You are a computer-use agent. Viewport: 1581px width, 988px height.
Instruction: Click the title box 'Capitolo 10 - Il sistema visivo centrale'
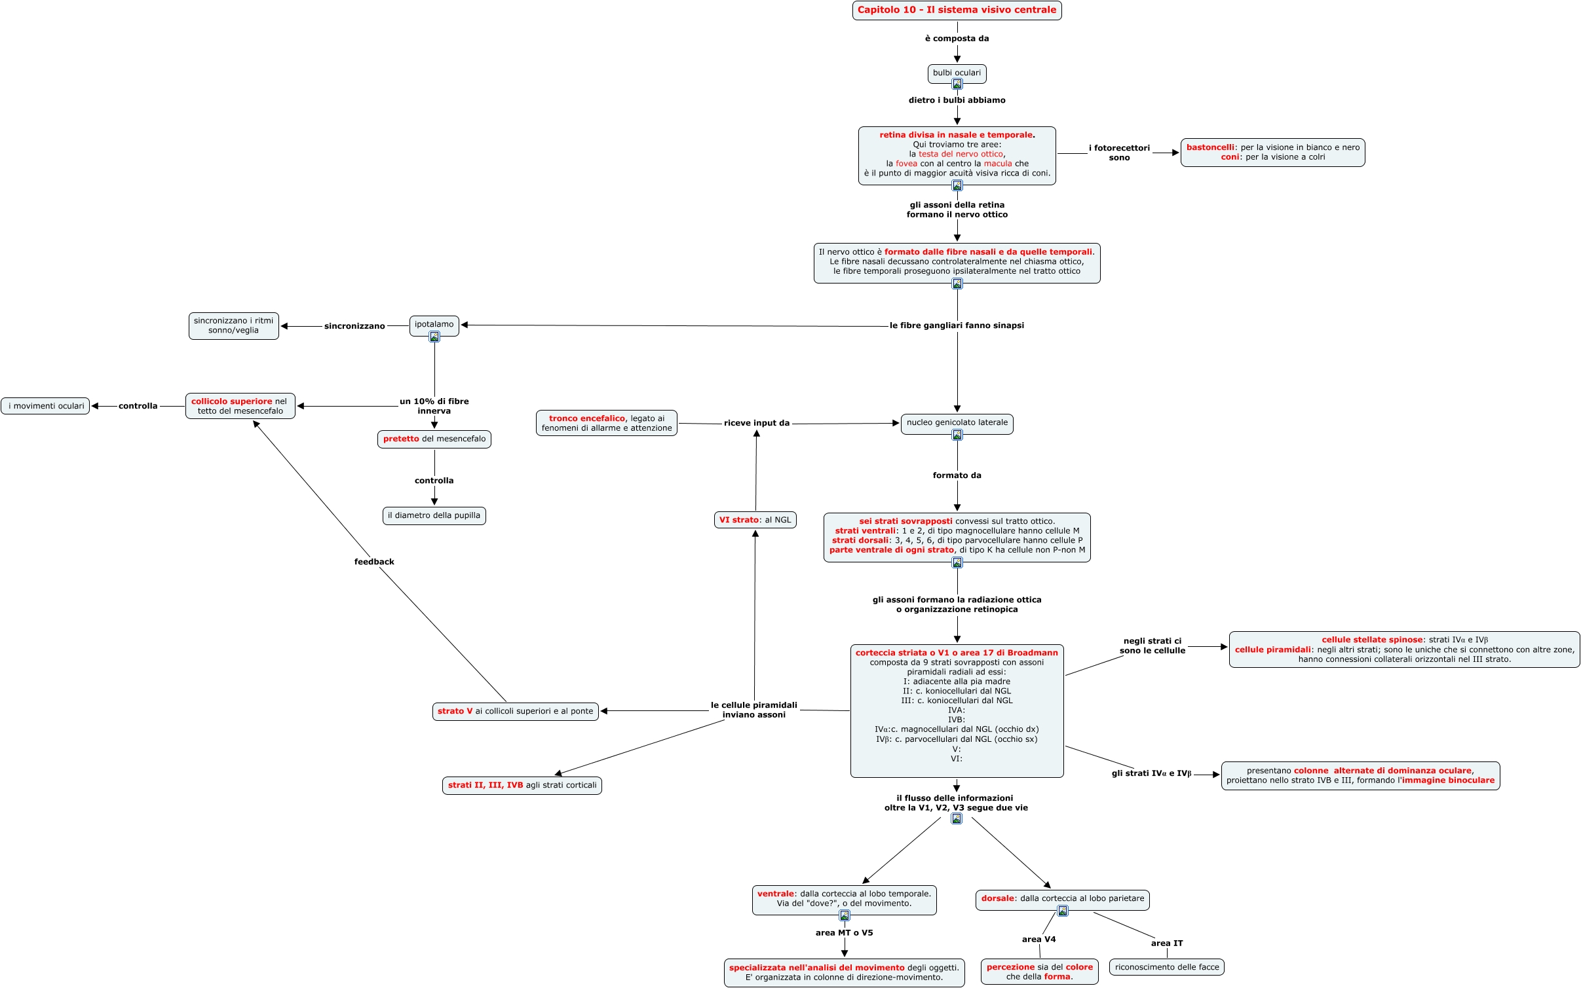coord(957,10)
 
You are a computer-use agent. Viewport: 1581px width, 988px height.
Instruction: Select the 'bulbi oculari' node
coord(957,72)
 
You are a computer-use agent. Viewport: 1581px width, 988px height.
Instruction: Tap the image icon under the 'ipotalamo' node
coord(434,337)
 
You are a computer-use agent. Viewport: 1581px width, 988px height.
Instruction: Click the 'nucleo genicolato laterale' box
coord(957,422)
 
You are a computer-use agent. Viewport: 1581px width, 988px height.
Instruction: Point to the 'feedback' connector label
coord(374,562)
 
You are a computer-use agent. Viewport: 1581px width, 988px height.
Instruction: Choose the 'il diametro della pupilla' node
coord(434,515)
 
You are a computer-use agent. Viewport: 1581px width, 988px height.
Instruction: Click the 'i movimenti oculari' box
coord(46,406)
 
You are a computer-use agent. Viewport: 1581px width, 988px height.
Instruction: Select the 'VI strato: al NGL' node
coord(755,520)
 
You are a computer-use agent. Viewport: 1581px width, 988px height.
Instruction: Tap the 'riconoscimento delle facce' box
coord(1166,967)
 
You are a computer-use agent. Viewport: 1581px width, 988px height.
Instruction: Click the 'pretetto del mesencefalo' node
coord(434,439)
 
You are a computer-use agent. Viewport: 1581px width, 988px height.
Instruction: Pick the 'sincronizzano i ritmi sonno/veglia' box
coord(233,325)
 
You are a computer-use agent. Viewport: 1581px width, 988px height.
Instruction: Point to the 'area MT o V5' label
coord(844,932)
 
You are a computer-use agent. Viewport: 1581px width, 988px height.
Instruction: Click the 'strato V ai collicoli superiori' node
coord(515,711)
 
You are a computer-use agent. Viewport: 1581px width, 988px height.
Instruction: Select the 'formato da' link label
coord(957,475)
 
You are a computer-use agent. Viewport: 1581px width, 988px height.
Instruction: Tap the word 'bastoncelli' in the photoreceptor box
coord(1210,147)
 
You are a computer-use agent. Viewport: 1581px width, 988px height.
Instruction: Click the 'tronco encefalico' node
coord(606,423)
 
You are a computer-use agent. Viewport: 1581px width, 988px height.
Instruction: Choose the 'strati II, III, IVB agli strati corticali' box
coord(522,785)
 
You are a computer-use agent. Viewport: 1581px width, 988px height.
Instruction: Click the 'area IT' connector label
coord(1166,943)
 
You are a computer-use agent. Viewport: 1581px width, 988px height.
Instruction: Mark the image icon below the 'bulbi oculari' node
coord(957,84)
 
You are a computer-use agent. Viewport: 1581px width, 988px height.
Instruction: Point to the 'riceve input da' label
coord(756,423)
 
